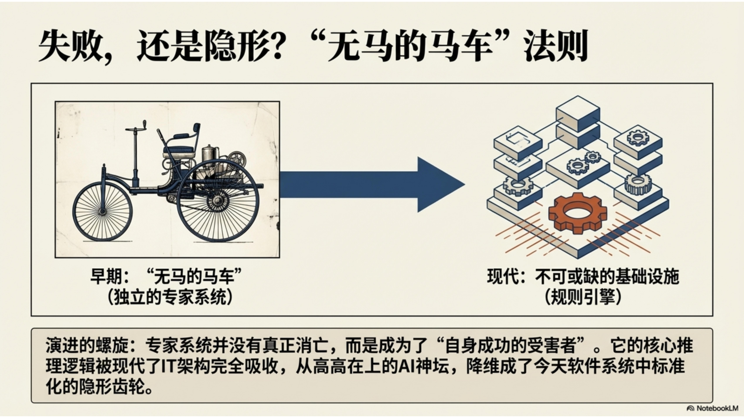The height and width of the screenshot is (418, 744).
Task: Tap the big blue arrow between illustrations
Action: (372, 185)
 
